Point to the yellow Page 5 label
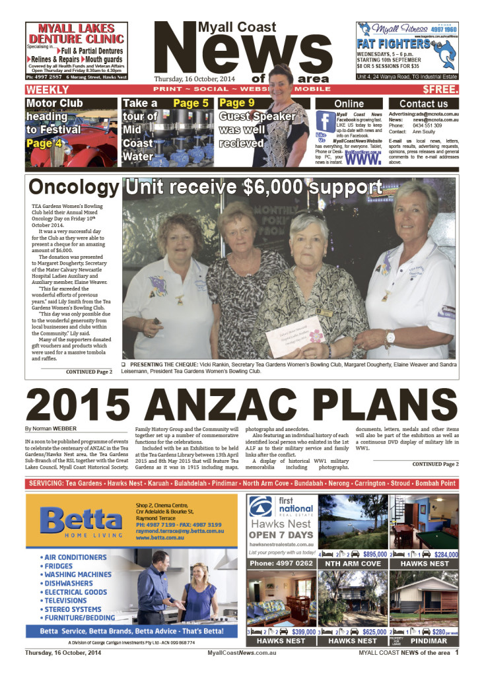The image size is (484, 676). [x=191, y=104]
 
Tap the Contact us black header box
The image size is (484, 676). [x=423, y=104]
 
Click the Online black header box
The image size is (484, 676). [x=349, y=104]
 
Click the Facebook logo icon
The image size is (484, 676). [x=324, y=122]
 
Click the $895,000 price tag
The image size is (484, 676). [x=374, y=555]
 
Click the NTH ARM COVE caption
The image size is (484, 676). [x=353, y=564]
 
